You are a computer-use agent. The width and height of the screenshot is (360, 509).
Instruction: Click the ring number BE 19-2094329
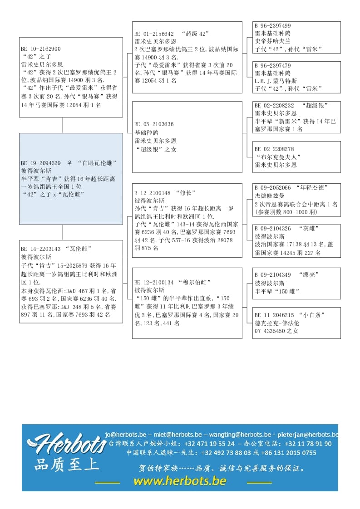click(x=41, y=163)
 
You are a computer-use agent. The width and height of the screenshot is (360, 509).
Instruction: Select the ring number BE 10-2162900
click(x=41, y=49)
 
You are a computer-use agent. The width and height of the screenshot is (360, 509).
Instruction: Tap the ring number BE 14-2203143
click(x=41, y=249)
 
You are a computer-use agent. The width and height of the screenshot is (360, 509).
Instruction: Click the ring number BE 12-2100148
click(x=153, y=192)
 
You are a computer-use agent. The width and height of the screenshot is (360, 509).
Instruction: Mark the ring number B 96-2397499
click(x=273, y=26)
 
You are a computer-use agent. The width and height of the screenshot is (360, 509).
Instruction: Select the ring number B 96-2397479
click(x=273, y=66)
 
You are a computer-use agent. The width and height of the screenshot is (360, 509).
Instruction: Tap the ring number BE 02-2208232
click(x=275, y=105)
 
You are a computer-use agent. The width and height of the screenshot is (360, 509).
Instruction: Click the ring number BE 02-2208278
click(x=275, y=149)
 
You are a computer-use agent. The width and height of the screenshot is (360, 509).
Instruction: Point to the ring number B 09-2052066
click(x=273, y=187)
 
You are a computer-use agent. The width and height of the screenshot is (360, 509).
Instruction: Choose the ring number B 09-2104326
click(x=273, y=228)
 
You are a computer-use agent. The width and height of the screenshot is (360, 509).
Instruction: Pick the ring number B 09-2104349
click(x=273, y=274)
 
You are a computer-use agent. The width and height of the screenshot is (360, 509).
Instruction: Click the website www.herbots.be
click(x=180, y=481)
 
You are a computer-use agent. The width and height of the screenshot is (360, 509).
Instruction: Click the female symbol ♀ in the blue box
click(x=69, y=163)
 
